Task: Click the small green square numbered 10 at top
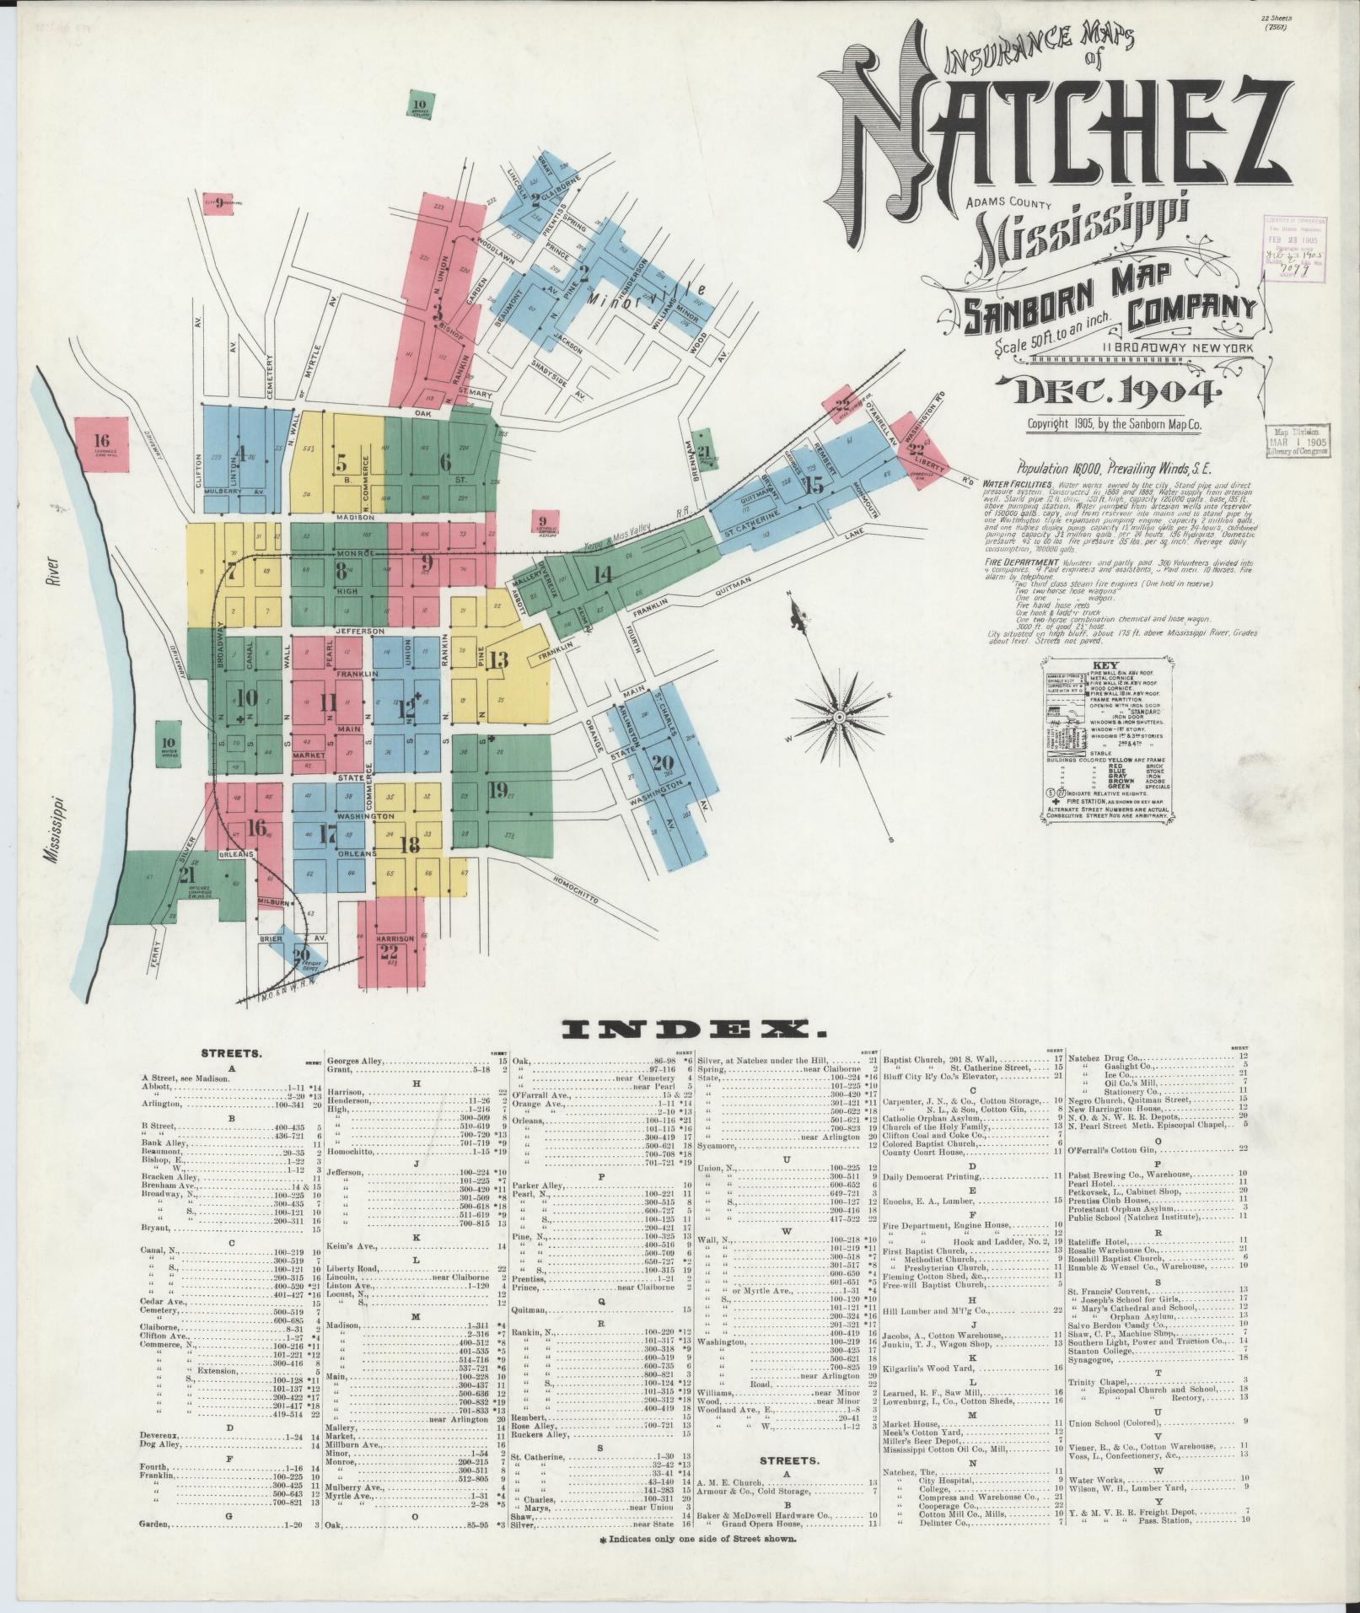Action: pyautogui.click(x=421, y=105)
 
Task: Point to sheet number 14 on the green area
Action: pyautogui.click(x=602, y=576)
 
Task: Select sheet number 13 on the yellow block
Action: pyautogui.click(x=498, y=660)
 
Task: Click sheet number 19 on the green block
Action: pyautogui.click(x=498, y=790)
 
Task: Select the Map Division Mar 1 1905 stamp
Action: pyautogui.click(x=1296, y=440)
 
